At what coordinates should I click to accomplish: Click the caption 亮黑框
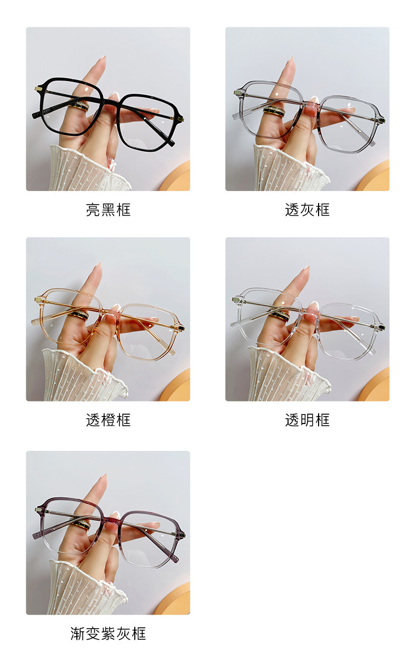[x=108, y=210]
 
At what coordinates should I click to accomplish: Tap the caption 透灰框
[x=307, y=210]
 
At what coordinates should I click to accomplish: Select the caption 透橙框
[x=108, y=420]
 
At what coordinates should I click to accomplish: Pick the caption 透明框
[x=307, y=420]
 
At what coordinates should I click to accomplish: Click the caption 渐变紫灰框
[x=108, y=633]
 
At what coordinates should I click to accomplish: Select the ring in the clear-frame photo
[x=280, y=315]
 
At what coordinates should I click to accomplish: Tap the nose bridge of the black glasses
[x=113, y=97]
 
